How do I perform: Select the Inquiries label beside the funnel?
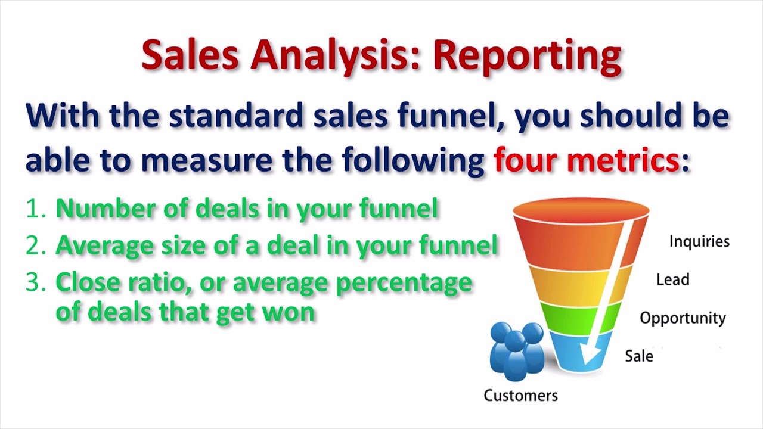point(699,241)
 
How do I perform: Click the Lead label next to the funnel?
point(672,279)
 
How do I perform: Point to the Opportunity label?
point(683,318)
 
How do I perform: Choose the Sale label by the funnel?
point(638,356)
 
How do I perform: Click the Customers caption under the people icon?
point(520,396)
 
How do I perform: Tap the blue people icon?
point(516,350)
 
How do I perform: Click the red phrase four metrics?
point(587,160)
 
